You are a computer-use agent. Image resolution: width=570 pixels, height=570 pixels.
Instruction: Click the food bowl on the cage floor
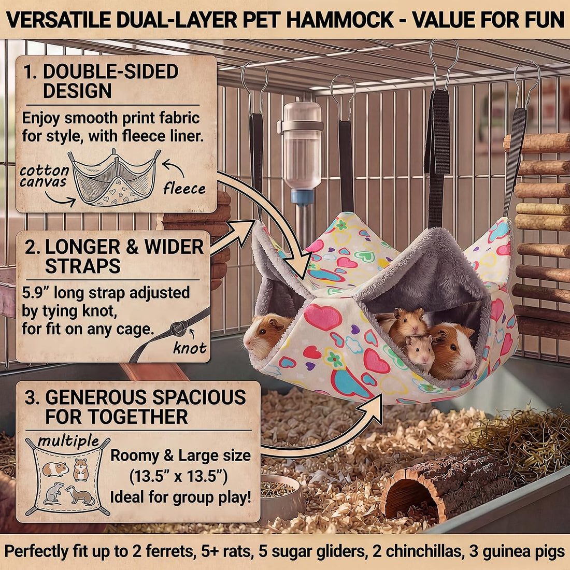281,493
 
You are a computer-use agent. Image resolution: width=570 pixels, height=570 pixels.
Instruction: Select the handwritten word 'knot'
190,348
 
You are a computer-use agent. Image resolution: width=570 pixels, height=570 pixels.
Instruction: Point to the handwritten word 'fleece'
184,188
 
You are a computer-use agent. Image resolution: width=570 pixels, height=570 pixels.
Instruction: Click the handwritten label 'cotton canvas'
44,176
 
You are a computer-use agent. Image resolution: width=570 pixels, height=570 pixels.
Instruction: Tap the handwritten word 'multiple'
68,440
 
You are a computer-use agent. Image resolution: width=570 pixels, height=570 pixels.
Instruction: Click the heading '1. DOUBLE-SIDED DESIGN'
101,81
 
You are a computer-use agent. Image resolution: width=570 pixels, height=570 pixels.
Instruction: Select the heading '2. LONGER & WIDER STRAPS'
114,256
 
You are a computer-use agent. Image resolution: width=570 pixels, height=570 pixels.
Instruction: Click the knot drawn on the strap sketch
178,328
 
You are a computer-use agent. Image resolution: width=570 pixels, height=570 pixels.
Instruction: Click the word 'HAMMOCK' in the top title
340,20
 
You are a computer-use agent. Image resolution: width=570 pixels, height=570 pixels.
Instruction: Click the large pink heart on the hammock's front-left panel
322,317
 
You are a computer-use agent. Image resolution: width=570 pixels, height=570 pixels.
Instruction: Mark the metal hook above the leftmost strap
254,87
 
